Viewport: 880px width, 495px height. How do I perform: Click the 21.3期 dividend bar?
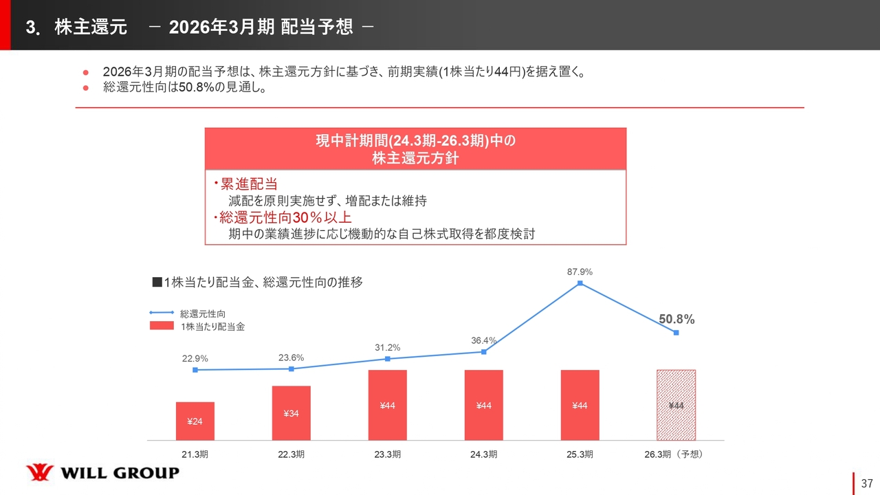pyautogui.click(x=195, y=421)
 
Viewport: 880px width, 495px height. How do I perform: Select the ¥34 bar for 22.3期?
pyautogui.click(x=291, y=412)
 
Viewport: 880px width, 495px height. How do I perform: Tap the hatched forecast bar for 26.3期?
pyautogui.click(x=676, y=405)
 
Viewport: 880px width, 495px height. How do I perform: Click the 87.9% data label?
pyautogui.click(x=580, y=272)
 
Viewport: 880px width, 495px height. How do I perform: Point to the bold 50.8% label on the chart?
pyautogui.click(x=676, y=320)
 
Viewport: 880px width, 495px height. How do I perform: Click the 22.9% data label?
pyautogui.click(x=195, y=359)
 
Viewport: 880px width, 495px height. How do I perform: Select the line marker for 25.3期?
pyautogui.click(x=580, y=283)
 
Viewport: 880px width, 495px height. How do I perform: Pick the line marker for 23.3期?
pyautogui.click(x=388, y=359)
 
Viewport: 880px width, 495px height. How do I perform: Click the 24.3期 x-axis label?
pyautogui.click(x=484, y=454)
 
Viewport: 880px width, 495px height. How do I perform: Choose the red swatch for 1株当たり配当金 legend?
pyautogui.click(x=162, y=326)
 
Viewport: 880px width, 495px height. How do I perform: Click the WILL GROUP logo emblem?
pyautogui.click(x=40, y=473)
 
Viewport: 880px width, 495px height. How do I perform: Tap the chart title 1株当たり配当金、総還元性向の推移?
pyautogui.click(x=257, y=282)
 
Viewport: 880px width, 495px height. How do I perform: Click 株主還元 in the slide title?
pyautogui.click(x=91, y=27)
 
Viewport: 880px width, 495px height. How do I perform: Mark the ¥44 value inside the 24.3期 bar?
pyautogui.click(x=484, y=406)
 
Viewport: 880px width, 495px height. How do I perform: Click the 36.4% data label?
pyautogui.click(x=484, y=340)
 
